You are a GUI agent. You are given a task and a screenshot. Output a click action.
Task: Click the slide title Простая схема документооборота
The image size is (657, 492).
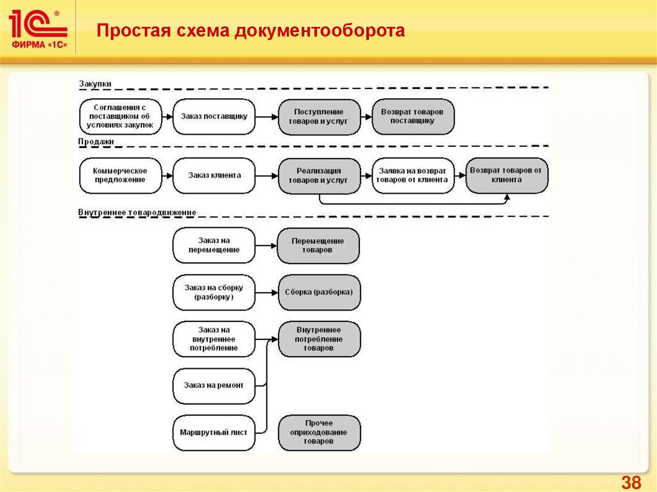tap(251, 31)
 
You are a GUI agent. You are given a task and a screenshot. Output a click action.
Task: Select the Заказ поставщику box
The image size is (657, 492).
tap(214, 116)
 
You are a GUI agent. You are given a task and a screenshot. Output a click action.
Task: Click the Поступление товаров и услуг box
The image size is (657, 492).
tap(319, 116)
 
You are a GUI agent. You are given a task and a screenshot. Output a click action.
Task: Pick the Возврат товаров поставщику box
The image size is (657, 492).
tap(413, 116)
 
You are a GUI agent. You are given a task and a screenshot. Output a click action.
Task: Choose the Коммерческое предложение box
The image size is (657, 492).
tap(119, 175)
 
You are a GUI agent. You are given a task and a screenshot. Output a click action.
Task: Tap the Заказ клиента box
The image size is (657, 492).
tap(214, 175)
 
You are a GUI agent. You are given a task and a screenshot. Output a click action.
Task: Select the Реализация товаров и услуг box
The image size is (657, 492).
tap(319, 176)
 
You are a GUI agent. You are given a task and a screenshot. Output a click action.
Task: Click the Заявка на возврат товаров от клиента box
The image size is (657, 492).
tap(413, 176)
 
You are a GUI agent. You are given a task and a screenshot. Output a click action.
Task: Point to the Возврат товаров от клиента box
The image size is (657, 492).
tap(506, 175)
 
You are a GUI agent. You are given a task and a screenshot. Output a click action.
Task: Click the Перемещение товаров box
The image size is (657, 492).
tap(318, 245)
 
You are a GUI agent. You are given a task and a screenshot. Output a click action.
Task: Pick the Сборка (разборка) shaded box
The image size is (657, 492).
tap(319, 292)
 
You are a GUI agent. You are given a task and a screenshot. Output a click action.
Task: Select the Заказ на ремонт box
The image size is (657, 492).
tap(214, 386)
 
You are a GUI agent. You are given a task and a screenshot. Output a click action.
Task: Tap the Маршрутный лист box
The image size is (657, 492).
tap(214, 433)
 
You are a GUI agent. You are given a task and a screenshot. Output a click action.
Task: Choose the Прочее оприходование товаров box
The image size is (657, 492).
tap(319, 433)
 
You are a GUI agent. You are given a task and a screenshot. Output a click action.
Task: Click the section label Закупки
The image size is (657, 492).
tap(95, 83)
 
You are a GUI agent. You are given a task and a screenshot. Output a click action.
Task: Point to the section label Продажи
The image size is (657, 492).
tap(96, 142)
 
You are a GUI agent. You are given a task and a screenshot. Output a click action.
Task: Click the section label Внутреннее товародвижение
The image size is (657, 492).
tap(137, 212)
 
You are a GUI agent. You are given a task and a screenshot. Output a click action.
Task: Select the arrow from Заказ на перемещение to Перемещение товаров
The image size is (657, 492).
tap(266, 245)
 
